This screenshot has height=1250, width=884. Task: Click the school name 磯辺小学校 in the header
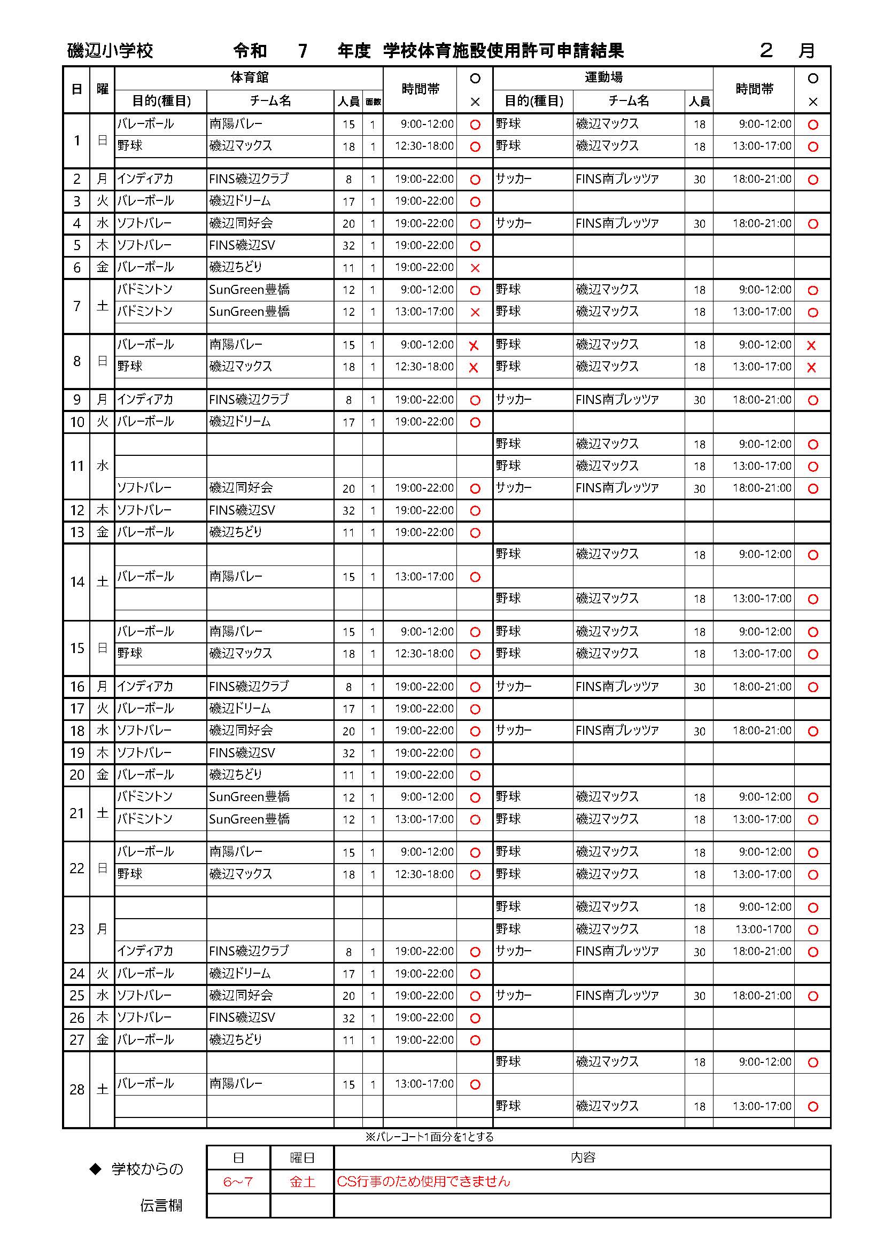110,51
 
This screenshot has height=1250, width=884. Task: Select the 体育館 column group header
249,78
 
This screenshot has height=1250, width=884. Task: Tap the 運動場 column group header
603,78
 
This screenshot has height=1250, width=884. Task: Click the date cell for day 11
77,466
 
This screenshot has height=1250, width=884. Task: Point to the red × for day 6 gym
475,268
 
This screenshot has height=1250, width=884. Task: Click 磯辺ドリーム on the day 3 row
239,201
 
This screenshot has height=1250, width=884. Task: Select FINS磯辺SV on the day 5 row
242,245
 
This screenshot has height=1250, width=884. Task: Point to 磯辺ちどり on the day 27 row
235,1040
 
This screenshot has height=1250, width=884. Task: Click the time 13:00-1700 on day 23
763,929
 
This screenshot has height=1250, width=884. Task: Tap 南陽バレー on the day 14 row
236,577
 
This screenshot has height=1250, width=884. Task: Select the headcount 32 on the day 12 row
348,511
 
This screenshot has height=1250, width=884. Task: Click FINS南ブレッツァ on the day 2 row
617,179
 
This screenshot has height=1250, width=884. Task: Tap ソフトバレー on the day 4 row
144,223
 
